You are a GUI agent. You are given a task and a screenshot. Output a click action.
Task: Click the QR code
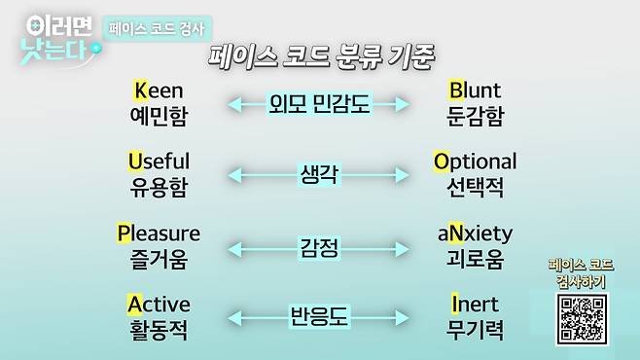coord(582,316)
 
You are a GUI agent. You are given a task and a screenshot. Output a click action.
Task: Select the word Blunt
coord(475,90)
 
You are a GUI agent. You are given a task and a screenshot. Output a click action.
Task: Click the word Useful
coord(159,161)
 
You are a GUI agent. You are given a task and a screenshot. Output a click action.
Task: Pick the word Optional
coord(475,161)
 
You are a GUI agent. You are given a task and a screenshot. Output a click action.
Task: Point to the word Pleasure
coord(159,234)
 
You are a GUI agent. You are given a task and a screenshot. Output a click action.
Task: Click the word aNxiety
coord(475,234)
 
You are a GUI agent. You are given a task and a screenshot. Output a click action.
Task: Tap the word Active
coord(159,304)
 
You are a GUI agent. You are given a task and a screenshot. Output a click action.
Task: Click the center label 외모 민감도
coord(319,102)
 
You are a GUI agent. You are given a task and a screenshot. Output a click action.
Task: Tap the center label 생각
coord(319,174)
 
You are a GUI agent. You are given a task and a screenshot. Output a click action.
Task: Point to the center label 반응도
coord(319,316)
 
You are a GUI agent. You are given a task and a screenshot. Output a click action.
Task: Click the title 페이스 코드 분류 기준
coord(321,54)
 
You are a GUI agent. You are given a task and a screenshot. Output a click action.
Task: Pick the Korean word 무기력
coord(475,330)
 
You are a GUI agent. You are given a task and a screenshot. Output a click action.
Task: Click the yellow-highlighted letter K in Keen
coord(140,90)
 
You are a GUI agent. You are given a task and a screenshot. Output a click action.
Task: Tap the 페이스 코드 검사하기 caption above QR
coord(582,272)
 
